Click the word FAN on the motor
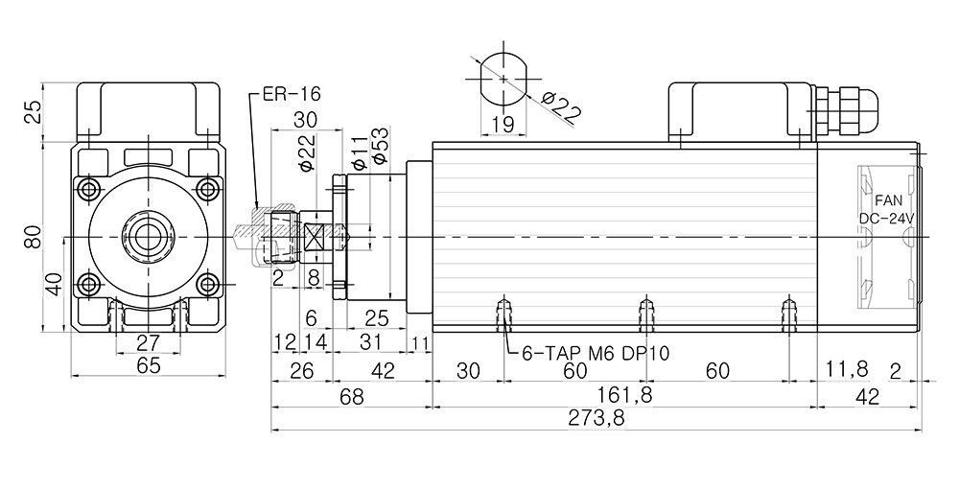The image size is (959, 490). click(x=888, y=200)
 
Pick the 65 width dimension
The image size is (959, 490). click(x=147, y=366)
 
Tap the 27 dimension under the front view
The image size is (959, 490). click(x=147, y=343)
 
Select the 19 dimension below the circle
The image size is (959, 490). click(x=503, y=124)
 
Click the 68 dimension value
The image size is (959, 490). click(x=352, y=397)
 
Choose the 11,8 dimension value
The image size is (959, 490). click(x=847, y=369)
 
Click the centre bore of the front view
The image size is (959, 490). click(x=147, y=235)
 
